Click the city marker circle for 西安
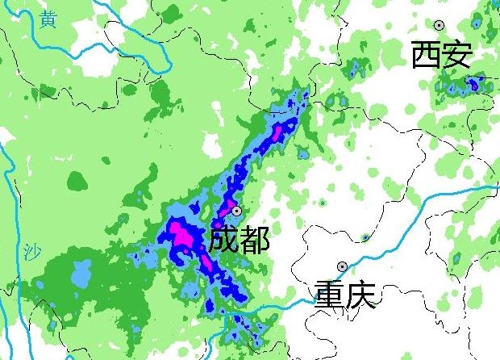pyautogui.click(x=440, y=26)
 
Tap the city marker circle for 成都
pyautogui.click(x=236, y=211)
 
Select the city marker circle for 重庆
pyautogui.click(x=342, y=266)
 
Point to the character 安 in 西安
pyautogui.click(x=456, y=56)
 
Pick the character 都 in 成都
pyautogui.click(x=254, y=240)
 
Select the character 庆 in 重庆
pyautogui.click(x=360, y=295)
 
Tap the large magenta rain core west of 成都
pyautogui.click(x=182, y=237)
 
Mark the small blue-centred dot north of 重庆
pyautogui.click(x=365, y=237)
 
